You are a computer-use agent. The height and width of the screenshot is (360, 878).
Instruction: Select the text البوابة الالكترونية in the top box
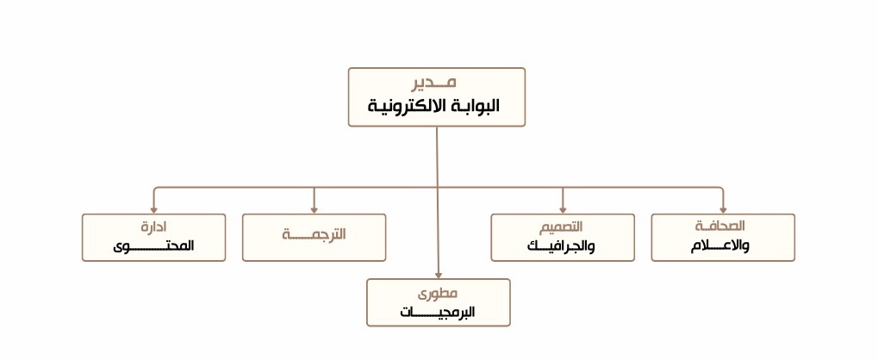tap(434, 107)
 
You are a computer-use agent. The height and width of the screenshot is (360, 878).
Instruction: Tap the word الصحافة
tap(719, 226)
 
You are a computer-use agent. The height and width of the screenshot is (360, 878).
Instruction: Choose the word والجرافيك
tap(562, 245)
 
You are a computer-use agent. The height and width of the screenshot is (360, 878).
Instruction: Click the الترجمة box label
tap(314, 234)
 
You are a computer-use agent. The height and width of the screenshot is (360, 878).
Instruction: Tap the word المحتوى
tap(153, 245)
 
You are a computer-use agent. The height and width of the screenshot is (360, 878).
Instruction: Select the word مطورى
tap(438, 293)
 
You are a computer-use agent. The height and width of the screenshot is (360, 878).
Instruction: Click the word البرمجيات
tap(438, 312)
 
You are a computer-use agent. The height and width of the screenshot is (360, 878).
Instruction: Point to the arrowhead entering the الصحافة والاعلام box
tap(722, 209)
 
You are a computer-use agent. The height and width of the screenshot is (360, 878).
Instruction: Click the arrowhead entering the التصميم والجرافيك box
tap(563, 209)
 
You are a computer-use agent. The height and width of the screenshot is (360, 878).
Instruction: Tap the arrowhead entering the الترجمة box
tap(314, 209)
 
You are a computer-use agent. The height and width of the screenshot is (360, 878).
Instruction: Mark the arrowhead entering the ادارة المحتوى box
tap(153, 209)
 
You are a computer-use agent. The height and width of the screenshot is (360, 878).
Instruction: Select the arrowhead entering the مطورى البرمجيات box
tap(439, 274)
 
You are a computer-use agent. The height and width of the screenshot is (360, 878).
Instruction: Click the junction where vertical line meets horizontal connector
tap(438, 187)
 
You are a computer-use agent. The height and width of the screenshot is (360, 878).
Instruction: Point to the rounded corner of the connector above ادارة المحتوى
tap(155, 189)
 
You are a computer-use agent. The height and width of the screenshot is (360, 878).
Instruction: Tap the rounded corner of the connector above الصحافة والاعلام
tap(720, 189)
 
